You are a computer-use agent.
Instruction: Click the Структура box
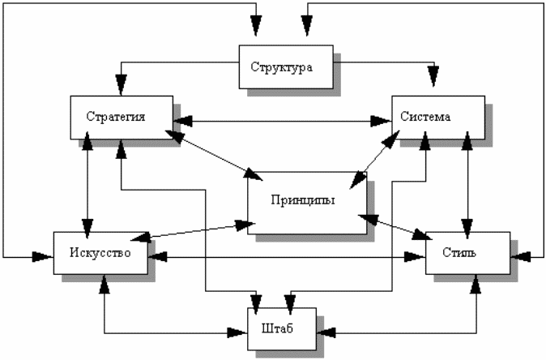coord(286,66)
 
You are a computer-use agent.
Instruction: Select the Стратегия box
coord(122,116)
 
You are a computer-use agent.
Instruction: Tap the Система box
coord(437,117)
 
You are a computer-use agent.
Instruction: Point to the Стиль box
coord(467,253)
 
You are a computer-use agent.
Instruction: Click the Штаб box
coord(278,330)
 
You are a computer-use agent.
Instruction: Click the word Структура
coord(281,66)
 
